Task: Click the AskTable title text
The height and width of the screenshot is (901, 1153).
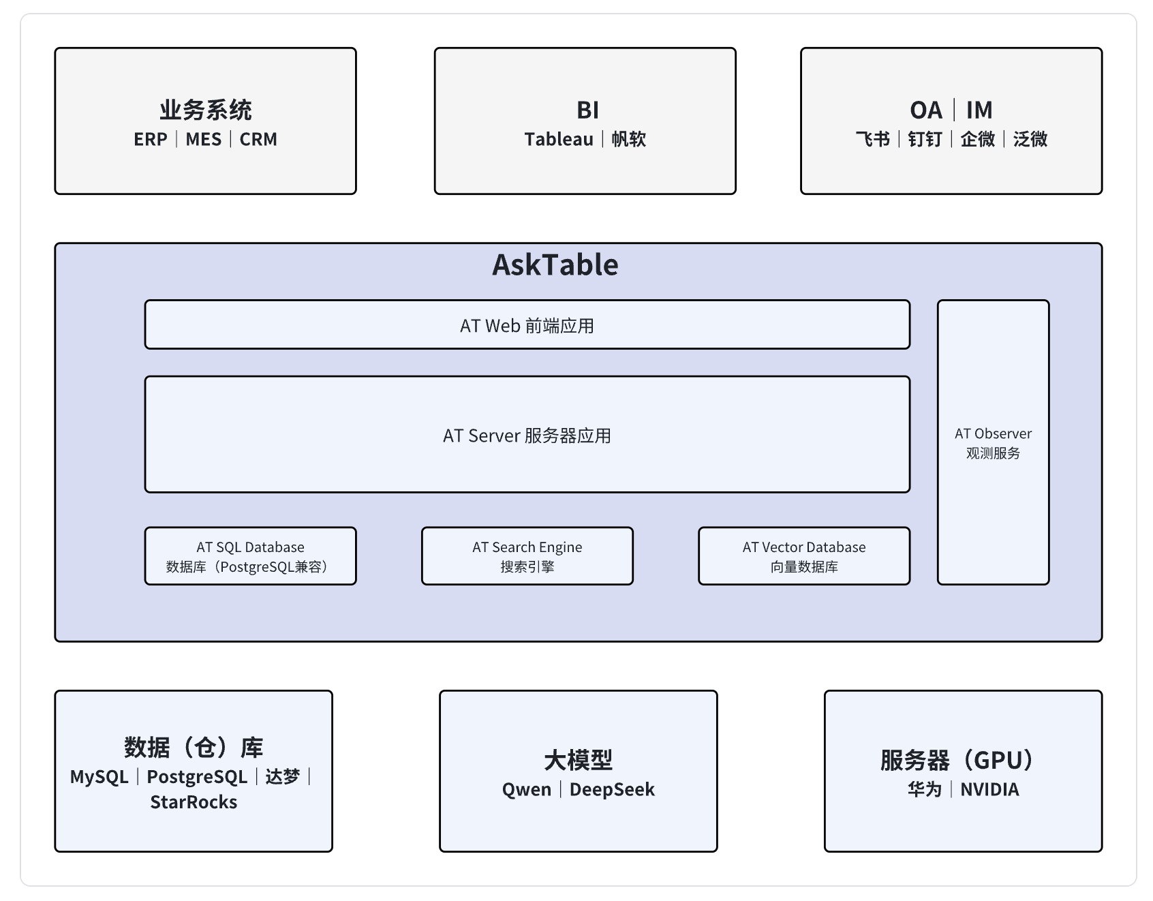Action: click(555, 265)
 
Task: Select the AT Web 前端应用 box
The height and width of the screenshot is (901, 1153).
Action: click(527, 325)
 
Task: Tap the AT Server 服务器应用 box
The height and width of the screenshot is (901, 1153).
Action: click(527, 435)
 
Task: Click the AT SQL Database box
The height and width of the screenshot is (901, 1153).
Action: click(250, 556)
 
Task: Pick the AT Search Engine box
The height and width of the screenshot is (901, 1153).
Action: click(527, 556)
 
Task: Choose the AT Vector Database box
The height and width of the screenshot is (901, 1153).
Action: click(803, 556)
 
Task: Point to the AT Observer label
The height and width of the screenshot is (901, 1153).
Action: click(993, 434)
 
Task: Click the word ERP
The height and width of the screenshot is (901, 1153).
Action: click(151, 140)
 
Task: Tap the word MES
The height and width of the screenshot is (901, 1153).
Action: click(203, 140)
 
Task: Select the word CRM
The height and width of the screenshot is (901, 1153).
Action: click(258, 140)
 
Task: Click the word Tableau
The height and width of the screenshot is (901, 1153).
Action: click(559, 140)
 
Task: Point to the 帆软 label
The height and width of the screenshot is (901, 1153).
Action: click(628, 140)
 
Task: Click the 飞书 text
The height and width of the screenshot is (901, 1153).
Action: click(873, 140)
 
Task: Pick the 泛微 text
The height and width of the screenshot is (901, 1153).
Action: click(1030, 140)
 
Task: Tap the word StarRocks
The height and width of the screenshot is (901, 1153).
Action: click(194, 802)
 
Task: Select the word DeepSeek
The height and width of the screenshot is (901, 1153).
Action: click(612, 790)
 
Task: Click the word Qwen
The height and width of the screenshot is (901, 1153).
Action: click(526, 790)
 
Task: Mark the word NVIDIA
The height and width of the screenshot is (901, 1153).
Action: click(989, 790)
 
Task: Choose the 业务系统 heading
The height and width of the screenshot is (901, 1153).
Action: click(206, 110)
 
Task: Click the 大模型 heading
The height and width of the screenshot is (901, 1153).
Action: click(578, 760)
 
